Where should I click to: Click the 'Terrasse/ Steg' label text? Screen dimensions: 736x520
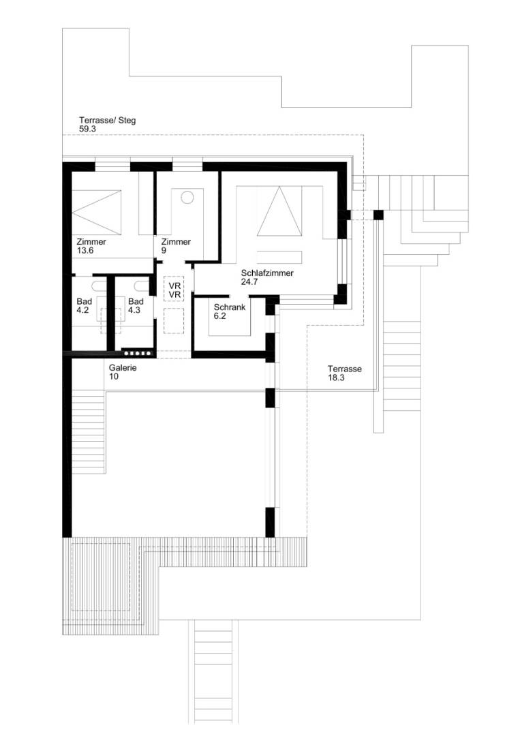coord(107,121)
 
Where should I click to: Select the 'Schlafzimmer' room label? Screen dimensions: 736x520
coord(267,273)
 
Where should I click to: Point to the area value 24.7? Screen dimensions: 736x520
coord(249,281)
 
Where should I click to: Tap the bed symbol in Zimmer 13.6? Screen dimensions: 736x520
coord(97,204)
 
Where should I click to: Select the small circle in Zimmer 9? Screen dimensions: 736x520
coord(187,198)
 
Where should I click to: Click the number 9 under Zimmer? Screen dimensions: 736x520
coord(163,250)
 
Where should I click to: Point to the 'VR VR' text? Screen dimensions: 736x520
coord(174,290)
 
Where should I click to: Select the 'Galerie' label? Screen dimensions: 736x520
coord(123,367)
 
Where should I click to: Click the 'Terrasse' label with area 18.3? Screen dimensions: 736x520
coord(343,369)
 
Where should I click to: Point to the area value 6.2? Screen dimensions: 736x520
coord(219,316)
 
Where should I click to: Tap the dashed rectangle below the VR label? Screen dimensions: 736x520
coord(174,319)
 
